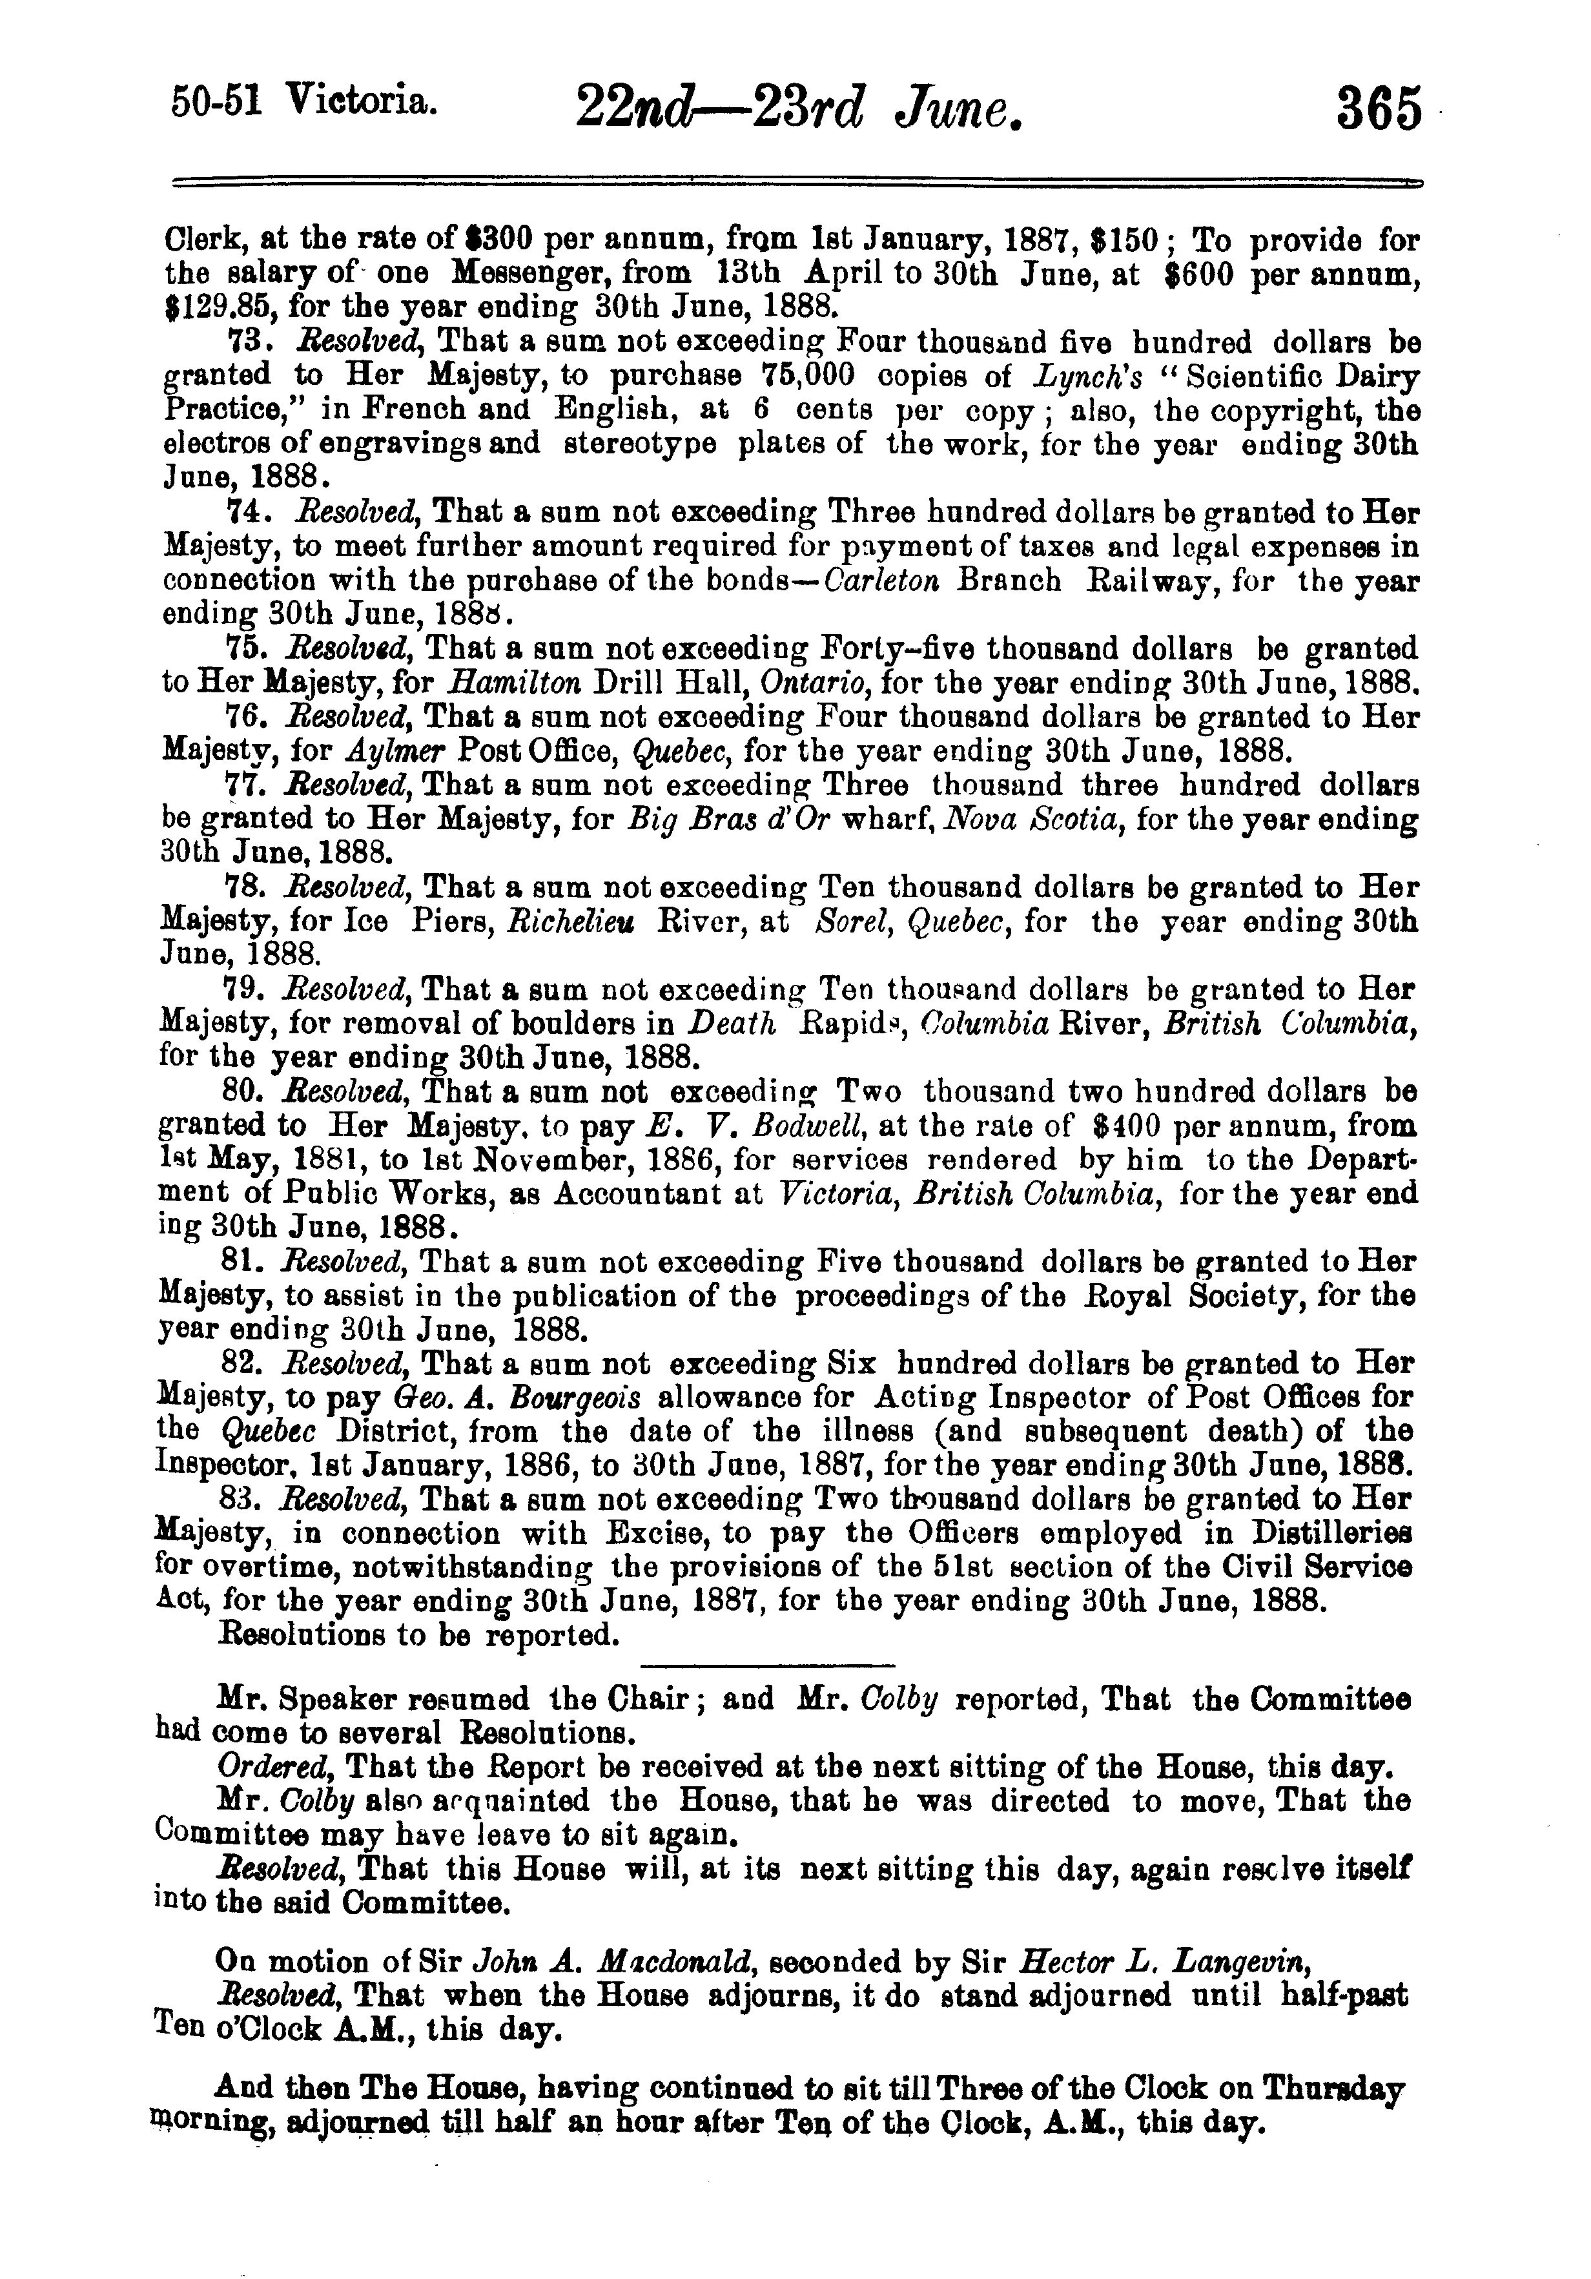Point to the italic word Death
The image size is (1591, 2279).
[x=732, y=1024]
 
